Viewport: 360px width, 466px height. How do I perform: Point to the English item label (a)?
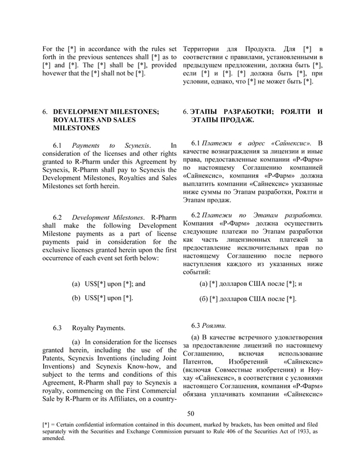(x=76, y=284)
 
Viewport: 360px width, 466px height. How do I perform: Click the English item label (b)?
(x=76, y=298)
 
